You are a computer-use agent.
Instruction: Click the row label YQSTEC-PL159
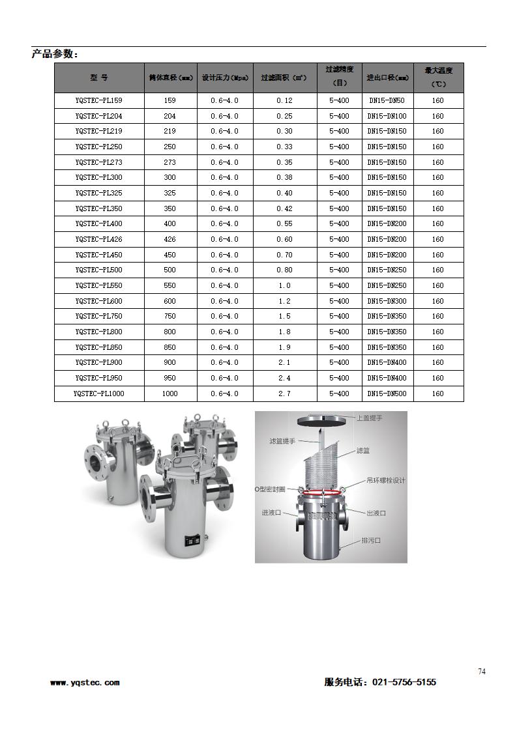[x=98, y=101]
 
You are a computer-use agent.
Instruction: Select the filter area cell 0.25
[x=284, y=116]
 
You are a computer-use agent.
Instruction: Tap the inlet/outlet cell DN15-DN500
[x=387, y=394]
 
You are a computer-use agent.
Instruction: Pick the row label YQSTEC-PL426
[x=98, y=239]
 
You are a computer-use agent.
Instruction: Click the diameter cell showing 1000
[x=170, y=394]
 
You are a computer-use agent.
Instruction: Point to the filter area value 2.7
[x=284, y=394]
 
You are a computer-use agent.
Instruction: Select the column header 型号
[x=99, y=78]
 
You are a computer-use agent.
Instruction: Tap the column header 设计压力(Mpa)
[x=225, y=78]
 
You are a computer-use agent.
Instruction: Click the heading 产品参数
[x=55, y=54]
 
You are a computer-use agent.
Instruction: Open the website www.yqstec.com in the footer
[x=85, y=683]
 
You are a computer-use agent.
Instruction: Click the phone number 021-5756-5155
[x=404, y=682]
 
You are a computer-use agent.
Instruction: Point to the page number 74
[x=482, y=672]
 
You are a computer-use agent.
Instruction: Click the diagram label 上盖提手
[x=370, y=418]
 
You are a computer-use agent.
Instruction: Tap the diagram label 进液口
[x=271, y=513]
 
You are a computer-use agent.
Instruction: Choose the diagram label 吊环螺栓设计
[x=386, y=481]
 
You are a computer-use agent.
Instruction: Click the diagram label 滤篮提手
[x=283, y=441]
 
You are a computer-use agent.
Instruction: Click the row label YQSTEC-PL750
[x=98, y=316]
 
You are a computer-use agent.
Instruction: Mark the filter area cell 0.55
[x=284, y=223]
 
